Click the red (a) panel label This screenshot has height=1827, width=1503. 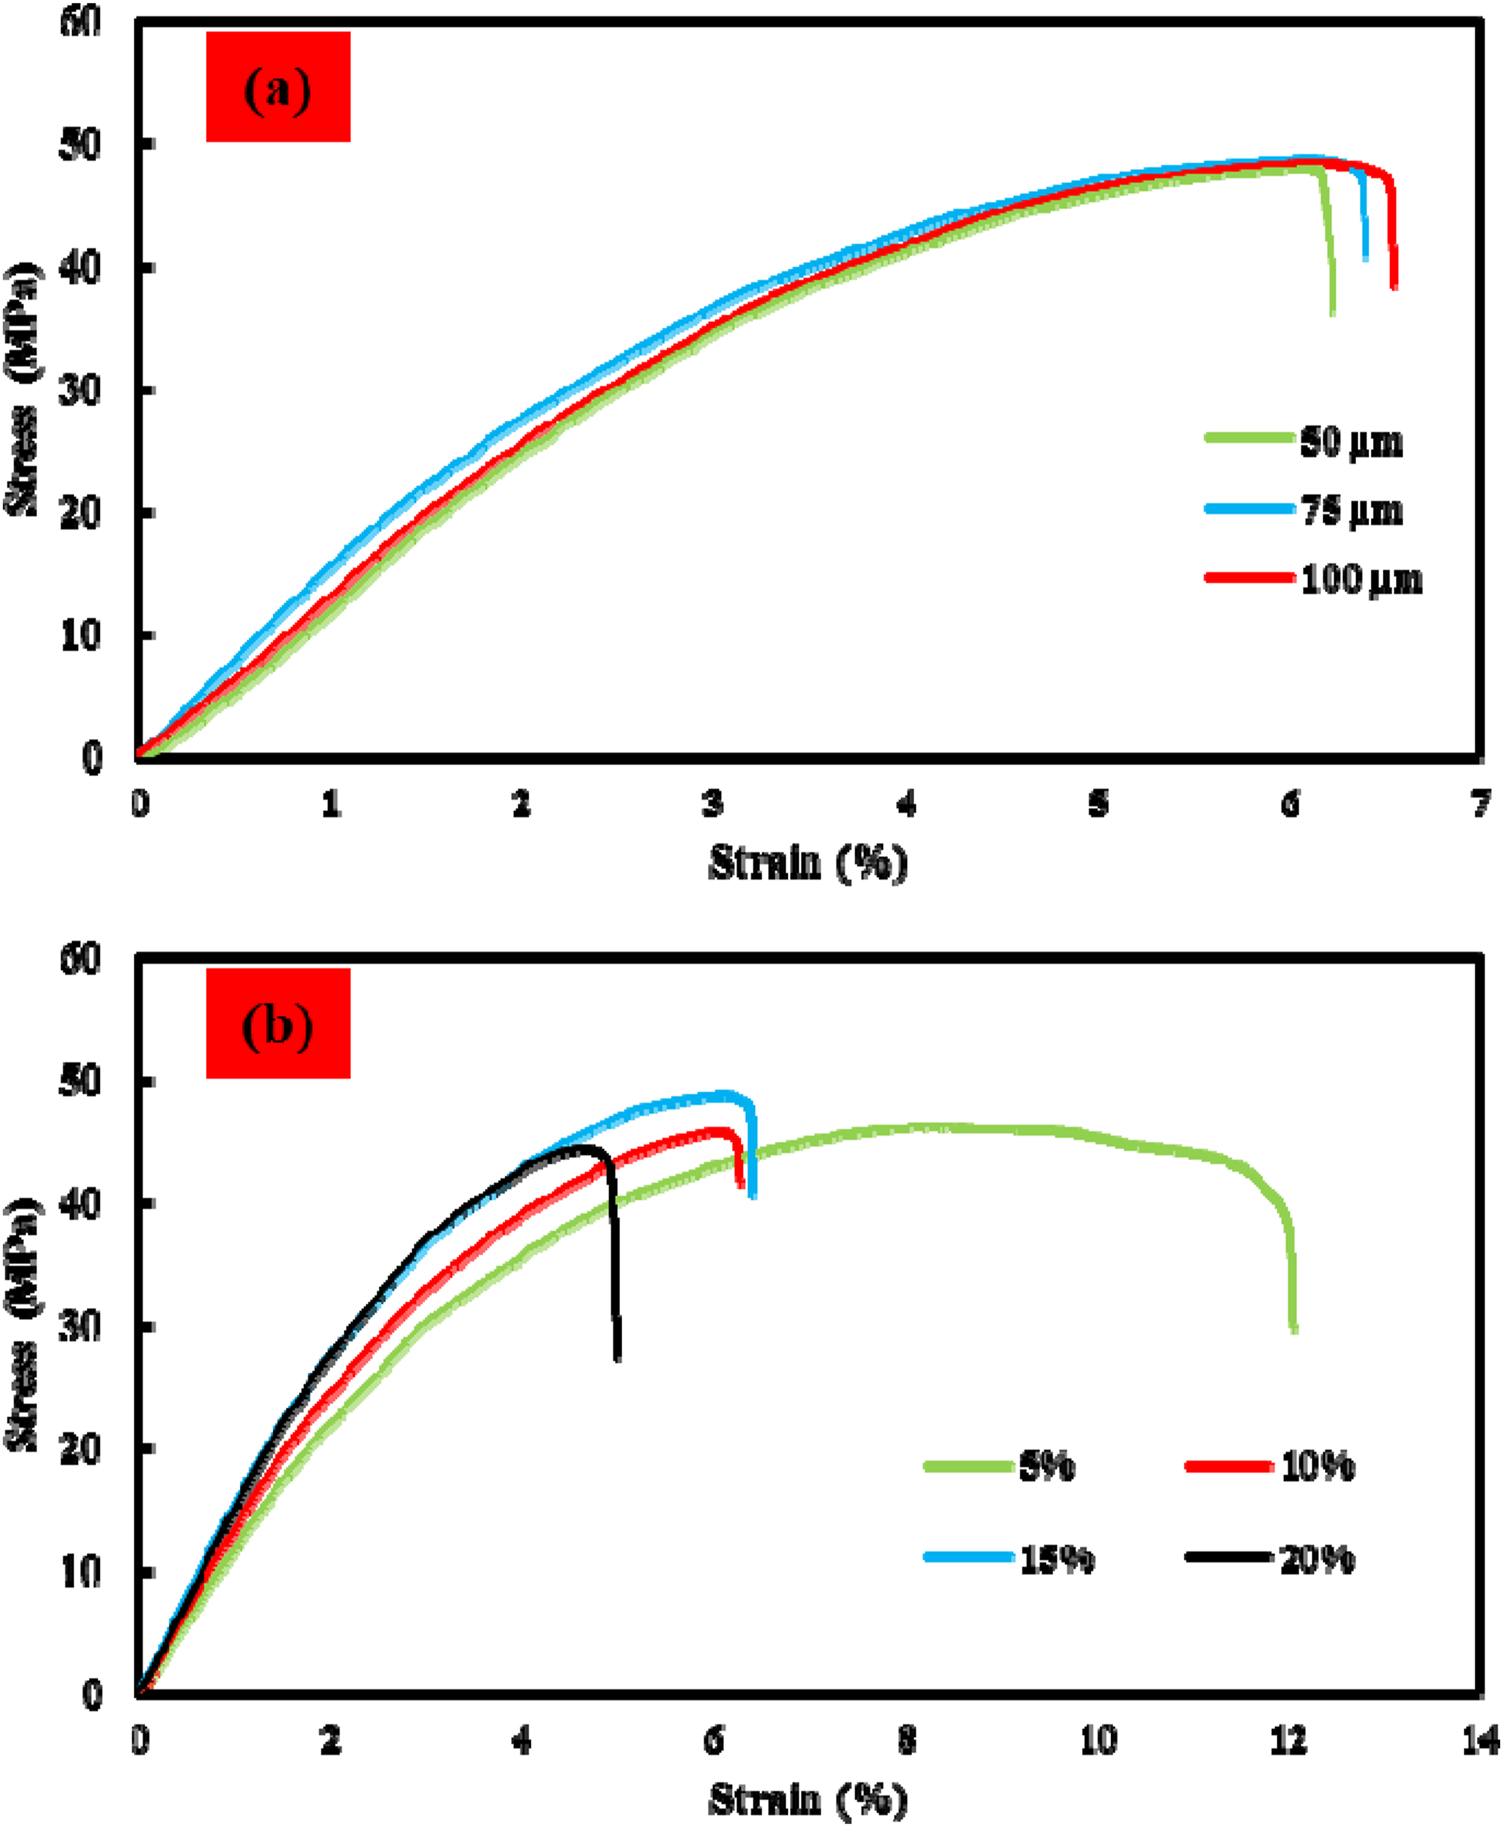pyautogui.click(x=278, y=87)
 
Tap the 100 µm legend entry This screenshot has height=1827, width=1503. pyautogui.click(x=1314, y=578)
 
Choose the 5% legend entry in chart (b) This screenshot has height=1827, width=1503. pyautogui.click(x=1000, y=1466)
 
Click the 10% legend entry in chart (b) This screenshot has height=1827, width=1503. pyautogui.click(x=1270, y=1466)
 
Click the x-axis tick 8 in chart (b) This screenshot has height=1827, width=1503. pyautogui.click(x=906, y=1740)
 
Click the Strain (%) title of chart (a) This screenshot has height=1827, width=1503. pyautogui.click(x=809, y=862)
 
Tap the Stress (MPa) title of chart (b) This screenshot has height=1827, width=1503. pyautogui.click(x=23, y=1325)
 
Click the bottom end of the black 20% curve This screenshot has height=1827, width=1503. pyautogui.click(x=617, y=1358)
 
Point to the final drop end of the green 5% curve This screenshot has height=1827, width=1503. pyautogui.click(x=1294, y=1331)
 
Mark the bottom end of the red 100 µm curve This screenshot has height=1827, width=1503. pyautogui.click(x=1394, y=287)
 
